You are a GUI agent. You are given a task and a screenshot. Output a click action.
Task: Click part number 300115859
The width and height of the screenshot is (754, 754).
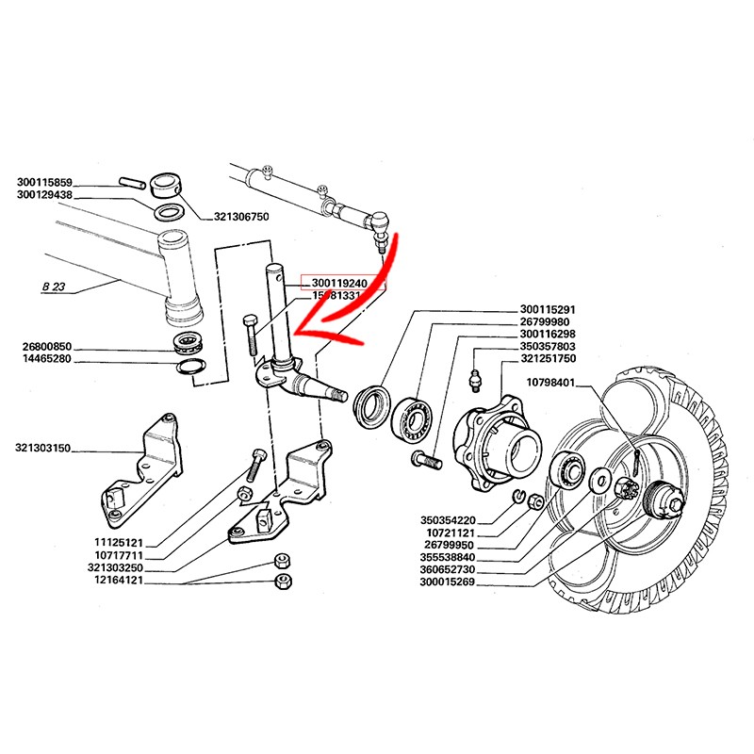click(57, 183)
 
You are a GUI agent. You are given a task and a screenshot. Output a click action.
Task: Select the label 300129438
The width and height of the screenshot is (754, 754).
click(57, 195)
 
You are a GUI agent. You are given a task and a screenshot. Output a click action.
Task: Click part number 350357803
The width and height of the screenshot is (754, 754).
click(554, 347)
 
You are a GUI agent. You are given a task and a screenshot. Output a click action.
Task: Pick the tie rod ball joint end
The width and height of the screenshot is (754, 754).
click(376, 227)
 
